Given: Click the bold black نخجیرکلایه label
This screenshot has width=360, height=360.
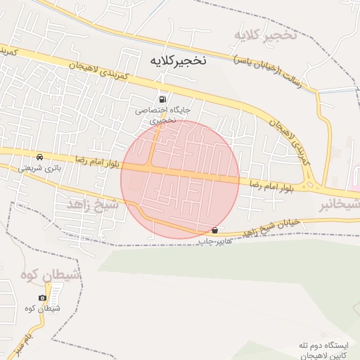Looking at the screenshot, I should [179, 60].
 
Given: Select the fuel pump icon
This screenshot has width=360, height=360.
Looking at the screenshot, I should [164, 99].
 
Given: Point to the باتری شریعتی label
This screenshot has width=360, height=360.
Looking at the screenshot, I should [41, 169].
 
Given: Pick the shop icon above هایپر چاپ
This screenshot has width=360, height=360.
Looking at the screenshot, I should [214, 231].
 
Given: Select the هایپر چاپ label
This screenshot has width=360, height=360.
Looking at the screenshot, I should [214, 242].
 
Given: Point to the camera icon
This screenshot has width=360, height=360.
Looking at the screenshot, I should [43, 297].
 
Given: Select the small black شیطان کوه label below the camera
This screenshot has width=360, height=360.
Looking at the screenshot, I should [42, 309].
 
